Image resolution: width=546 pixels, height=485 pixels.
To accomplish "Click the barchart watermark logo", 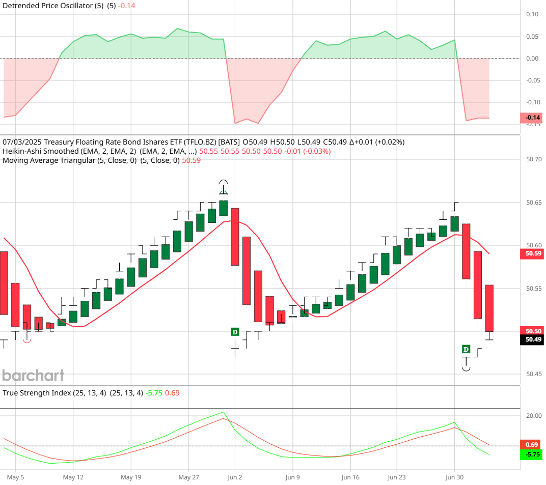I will click(x=34, y=376).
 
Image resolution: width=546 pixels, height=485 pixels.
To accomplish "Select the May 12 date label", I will click(x=73, y=477).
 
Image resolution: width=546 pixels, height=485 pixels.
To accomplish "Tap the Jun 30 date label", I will click(x=454, y=477).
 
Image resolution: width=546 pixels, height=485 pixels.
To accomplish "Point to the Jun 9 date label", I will click(x=292, y=477).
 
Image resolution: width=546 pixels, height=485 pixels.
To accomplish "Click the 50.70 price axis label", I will click(x=533, y=159).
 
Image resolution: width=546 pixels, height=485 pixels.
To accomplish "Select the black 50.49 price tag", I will click(x=533, y=339).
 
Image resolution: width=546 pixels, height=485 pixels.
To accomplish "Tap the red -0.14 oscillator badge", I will click(x=533, y=118).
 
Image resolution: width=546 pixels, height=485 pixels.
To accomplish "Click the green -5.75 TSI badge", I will click(x=533, y=454).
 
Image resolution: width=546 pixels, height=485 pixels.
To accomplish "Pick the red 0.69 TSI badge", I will click(x=533, y=445).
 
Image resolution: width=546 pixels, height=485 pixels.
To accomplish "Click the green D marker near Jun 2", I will click(x=235, y=332).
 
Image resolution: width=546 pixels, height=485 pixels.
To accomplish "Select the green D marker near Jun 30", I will click(x=466, y=349).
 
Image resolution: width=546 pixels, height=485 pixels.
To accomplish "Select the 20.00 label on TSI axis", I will click(x=533, y=416).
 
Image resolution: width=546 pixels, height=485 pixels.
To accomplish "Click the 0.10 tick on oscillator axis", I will click(x=533, y=14).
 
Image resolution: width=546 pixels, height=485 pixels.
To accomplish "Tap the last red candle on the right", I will click(x=489, y=308).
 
